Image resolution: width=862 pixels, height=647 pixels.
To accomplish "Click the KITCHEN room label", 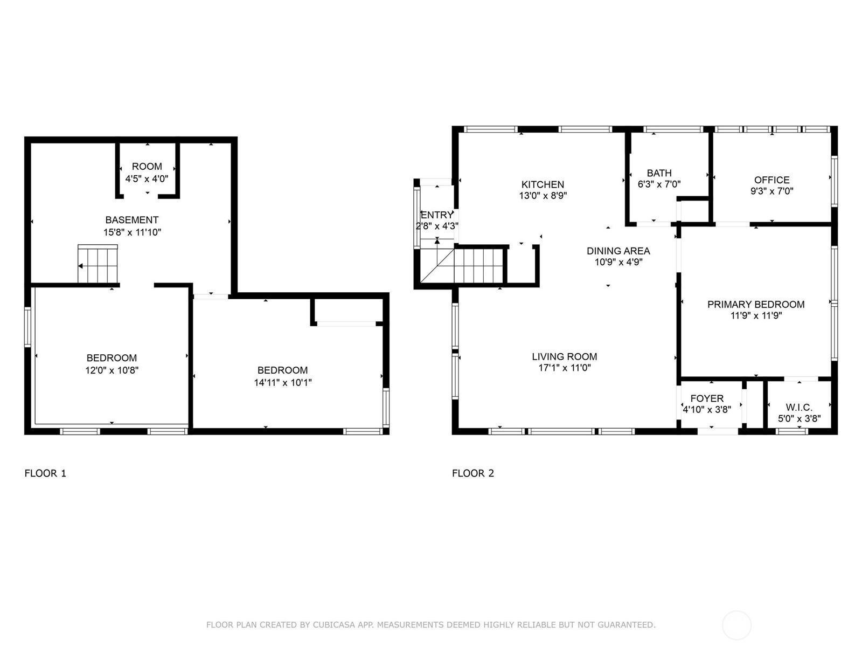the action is tap(543, 184).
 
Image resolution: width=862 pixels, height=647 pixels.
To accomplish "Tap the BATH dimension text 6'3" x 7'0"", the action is tap(659, 184).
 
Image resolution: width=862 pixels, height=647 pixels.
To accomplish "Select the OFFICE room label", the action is tap(771, 180).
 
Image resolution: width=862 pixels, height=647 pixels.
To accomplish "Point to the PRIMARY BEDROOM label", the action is tap(755, 304).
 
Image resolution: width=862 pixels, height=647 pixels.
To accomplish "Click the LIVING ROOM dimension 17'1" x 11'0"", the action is tap(564, 368).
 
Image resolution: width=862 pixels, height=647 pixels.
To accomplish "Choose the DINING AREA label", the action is tap(618, 251).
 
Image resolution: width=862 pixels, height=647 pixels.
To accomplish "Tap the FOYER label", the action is tap(707, 398).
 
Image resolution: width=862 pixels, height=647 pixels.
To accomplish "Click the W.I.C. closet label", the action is tap(799, 408).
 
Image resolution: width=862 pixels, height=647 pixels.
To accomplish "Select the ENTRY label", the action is tap(437, 215).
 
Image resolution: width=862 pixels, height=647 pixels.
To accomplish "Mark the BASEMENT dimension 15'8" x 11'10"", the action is tap(132, 232).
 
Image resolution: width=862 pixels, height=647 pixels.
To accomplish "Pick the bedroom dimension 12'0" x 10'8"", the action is tap(112, 370).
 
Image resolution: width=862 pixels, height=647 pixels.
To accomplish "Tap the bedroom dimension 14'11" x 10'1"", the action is tap(283, 382).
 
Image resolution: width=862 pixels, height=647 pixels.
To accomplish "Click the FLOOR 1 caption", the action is tap(45, 473).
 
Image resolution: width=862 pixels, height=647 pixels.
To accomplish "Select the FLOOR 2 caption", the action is tap(473, 473).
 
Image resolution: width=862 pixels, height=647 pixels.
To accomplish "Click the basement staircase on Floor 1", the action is tap(98, 264).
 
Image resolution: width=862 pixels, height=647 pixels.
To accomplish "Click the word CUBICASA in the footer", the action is tap(333, 624).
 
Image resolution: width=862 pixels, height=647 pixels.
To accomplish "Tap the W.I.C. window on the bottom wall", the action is tap(792, 431).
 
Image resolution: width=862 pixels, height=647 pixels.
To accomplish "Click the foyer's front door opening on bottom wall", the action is tap(718, 431).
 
